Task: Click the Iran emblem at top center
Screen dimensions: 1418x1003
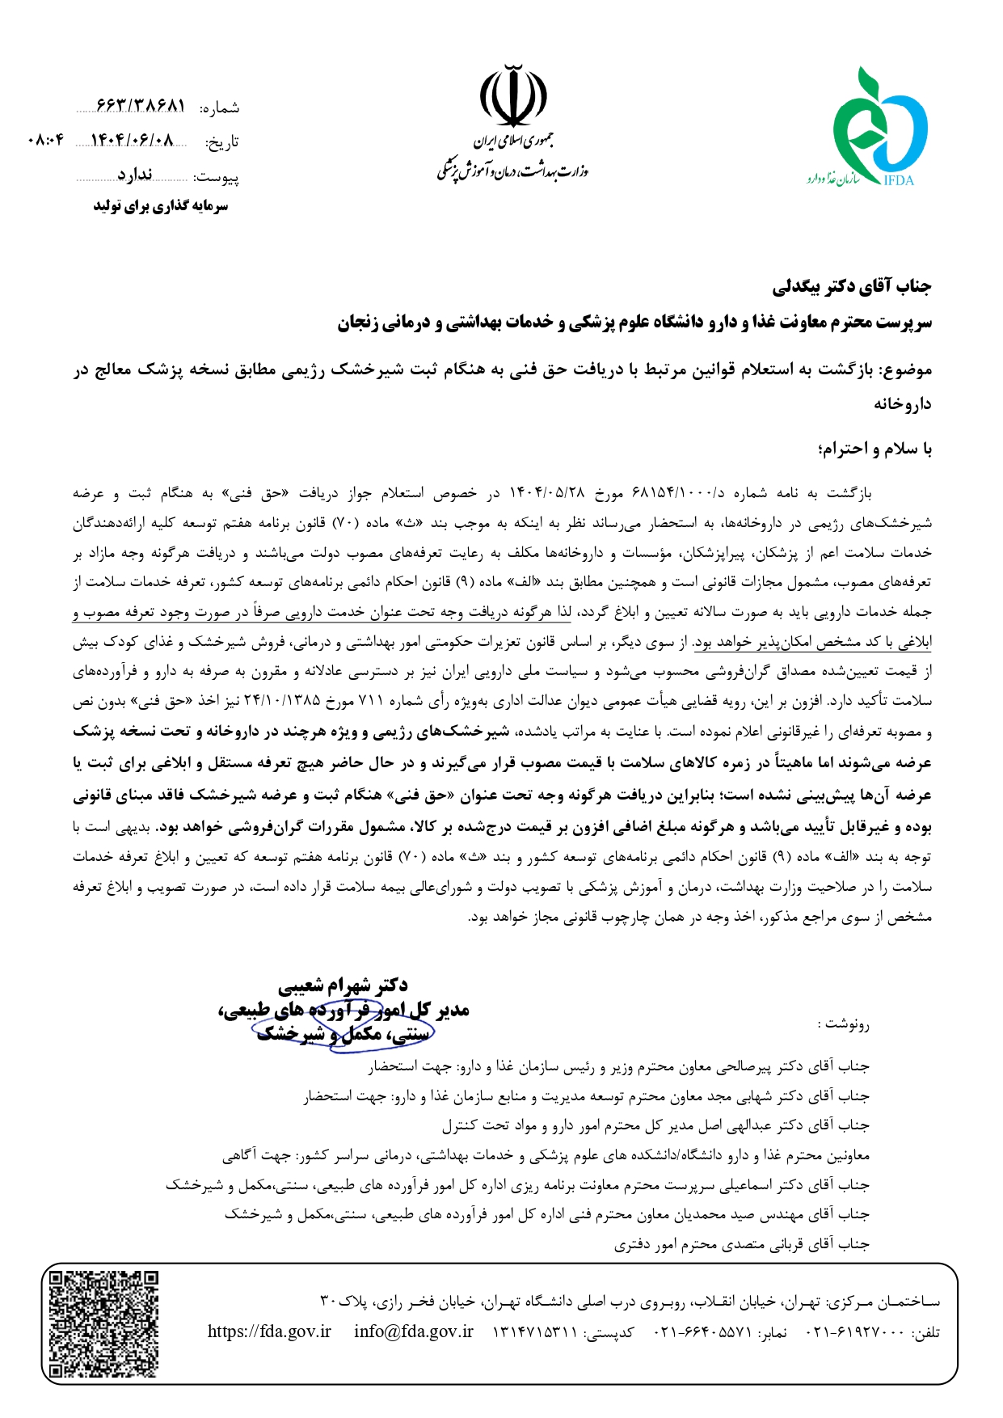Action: click(512, 97)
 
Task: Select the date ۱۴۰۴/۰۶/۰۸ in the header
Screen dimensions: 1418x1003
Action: click(133, 141)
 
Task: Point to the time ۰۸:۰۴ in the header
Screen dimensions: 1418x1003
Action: click(46, 141)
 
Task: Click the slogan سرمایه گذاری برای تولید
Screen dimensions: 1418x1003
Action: click(161, 206)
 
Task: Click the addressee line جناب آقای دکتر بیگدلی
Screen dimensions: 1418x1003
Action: click(852, 286)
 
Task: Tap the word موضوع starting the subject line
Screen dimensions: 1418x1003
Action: click(908, 370)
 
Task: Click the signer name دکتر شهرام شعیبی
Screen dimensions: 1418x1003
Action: click(343, 985)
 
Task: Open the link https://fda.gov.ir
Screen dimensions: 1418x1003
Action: click(269, 1331)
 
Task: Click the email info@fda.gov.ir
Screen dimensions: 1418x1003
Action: click(413, 1331)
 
